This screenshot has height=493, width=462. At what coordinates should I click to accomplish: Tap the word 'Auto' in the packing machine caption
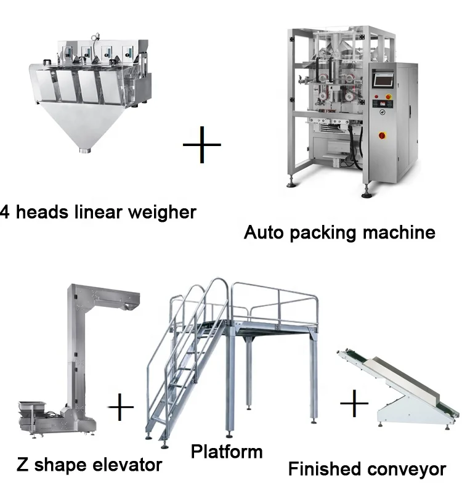click(264, 232)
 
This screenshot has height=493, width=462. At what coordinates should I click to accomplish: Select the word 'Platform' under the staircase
click(227, 452)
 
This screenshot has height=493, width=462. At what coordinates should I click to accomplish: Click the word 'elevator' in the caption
click(128, 465)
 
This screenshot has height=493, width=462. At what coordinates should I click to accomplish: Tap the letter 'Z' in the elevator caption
click(22, 465)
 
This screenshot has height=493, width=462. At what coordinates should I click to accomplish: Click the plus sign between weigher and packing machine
click(202, 145)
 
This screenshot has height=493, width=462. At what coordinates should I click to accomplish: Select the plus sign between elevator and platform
click(121, 407)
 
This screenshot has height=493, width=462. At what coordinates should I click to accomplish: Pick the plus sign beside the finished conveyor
click(354, 403)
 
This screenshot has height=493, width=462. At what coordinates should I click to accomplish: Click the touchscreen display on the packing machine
click(383, 79)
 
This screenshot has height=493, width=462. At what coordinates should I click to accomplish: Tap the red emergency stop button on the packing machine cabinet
click(382, 135)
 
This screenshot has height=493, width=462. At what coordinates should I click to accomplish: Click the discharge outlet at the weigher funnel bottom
click(84, 151)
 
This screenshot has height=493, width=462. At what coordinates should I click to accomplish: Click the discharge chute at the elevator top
click(132, 304)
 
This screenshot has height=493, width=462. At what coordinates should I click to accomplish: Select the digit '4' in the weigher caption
click(4, 212)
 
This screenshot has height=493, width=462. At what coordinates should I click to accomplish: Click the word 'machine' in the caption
click(399, 232)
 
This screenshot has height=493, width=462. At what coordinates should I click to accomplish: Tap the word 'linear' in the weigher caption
click(99, 211)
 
